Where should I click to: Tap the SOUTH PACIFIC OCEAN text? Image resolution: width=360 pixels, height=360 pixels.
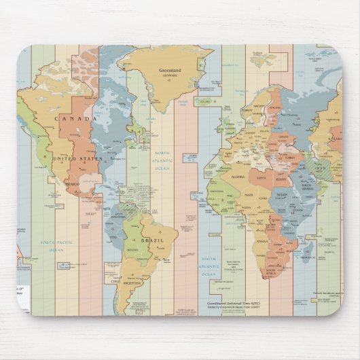coord(55,246)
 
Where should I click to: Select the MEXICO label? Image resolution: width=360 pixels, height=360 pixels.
coord(73,184)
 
